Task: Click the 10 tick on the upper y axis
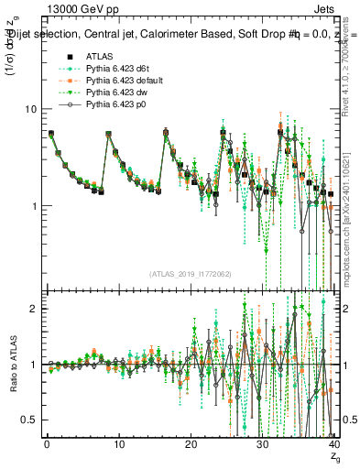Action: (32, 109)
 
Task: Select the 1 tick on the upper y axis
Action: (35, 206)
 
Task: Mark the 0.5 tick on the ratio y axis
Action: (31, 420)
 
